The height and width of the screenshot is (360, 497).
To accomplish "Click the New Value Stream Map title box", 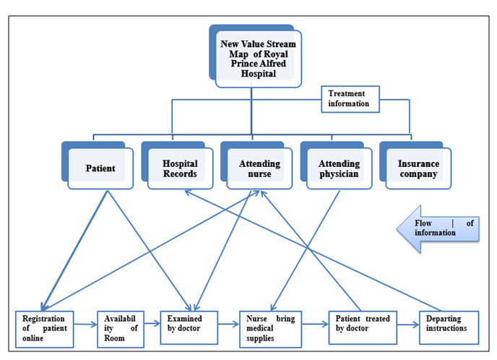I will coord(258,59).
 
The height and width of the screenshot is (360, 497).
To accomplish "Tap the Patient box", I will coord(100,169).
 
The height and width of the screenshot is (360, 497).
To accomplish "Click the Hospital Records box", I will coord(180,169).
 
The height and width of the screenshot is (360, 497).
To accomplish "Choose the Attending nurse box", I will coord(259,169).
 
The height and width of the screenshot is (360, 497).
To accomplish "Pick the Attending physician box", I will coord(339,169).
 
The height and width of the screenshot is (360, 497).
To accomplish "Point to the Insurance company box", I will coord(418,169).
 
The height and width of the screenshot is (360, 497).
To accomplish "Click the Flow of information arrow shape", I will coord(435,228).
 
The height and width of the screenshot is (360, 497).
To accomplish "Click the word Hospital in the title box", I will coord(258,74).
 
